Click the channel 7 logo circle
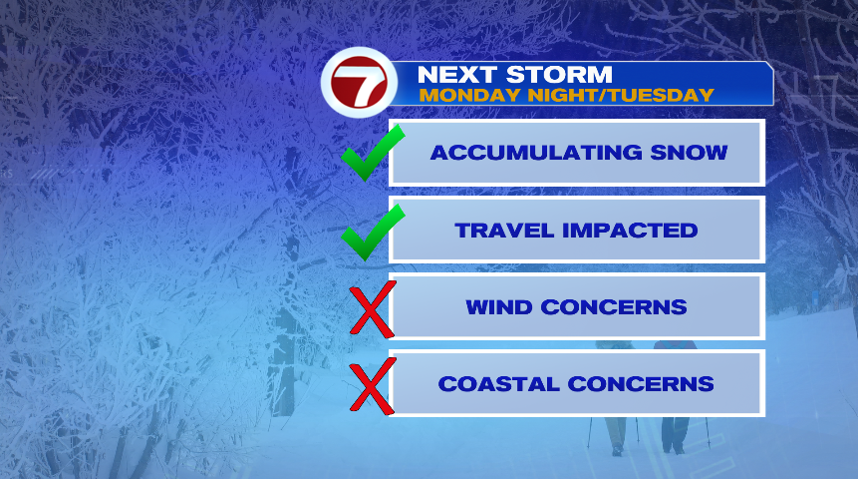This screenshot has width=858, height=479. coord(359,83)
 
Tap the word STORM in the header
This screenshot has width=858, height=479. coord(559,75)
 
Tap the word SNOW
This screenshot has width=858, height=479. coord(689,153)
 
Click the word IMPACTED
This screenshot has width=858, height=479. coord(630,231)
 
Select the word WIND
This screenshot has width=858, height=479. coord(498,307)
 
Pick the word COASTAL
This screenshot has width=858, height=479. coord(498,383)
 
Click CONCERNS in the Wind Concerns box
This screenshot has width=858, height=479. coord(614,307)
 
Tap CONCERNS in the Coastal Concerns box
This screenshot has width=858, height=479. coord(641,383)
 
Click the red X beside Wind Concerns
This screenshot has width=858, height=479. coord(373,309)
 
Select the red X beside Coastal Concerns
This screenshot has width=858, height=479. coord(373,386)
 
